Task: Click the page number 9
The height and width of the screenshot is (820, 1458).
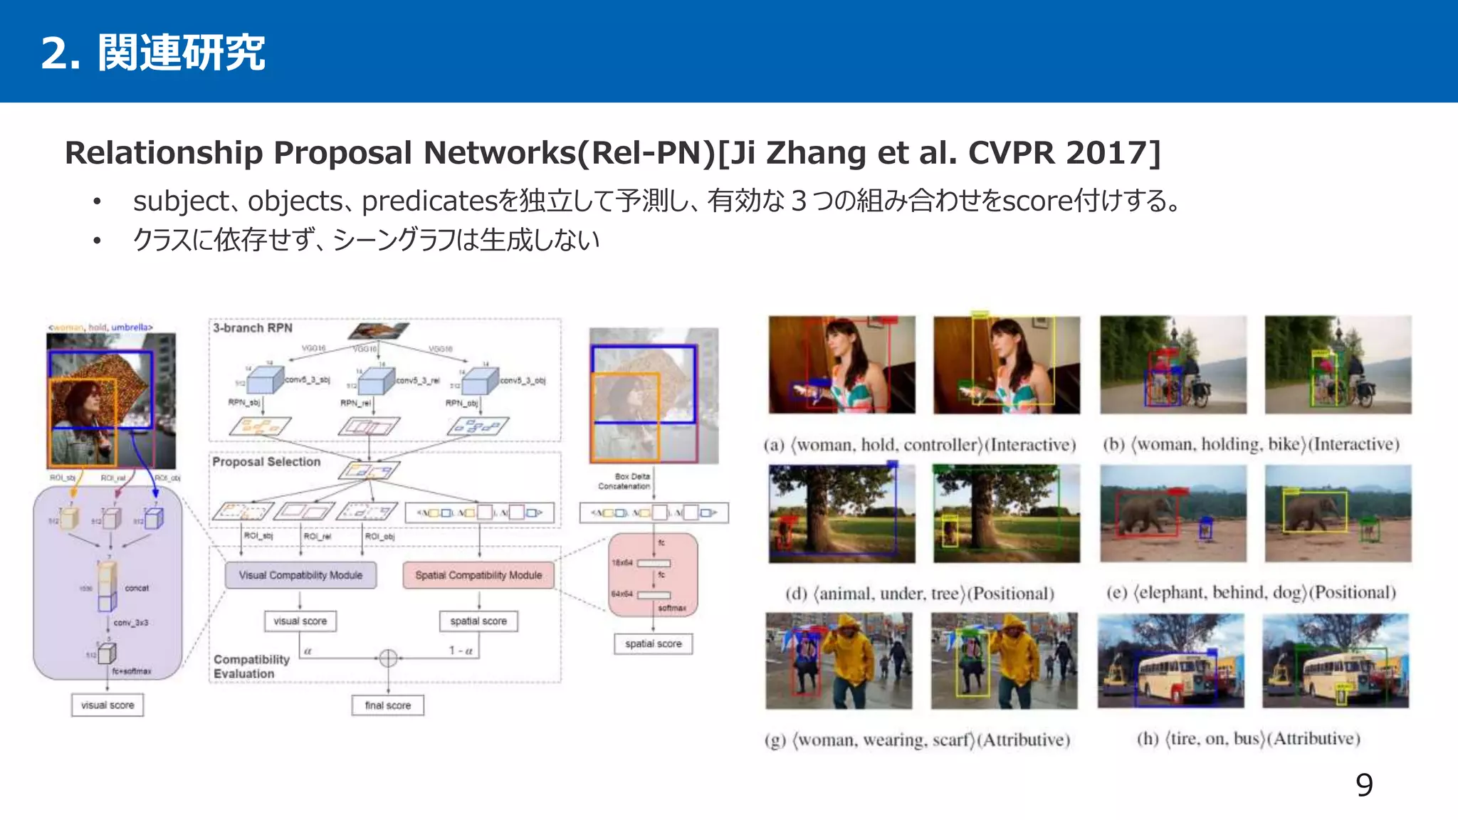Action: [x=1364, y=785]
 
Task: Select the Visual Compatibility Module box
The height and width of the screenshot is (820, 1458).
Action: [x=300, y=575]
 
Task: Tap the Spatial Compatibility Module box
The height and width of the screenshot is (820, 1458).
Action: [x=478, y=575]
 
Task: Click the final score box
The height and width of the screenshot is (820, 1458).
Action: [x=388, y=705]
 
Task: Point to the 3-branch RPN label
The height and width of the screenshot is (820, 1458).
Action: [x=253, y=328]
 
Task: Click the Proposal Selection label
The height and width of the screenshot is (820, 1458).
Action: [x=266, y=462]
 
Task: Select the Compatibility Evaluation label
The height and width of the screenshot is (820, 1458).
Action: [x=251, y=666]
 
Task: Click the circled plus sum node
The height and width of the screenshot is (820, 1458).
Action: [x=388, y=658]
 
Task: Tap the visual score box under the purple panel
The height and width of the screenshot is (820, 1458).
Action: [x=107, y=705]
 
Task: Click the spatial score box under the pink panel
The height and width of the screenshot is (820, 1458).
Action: [x=653, y=643]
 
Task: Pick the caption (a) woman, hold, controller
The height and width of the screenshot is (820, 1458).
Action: [x=919, y=445]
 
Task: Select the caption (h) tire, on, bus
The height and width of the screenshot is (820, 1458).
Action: [x=1248, y=739]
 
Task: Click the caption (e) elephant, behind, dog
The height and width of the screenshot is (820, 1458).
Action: [x=1251, y=593]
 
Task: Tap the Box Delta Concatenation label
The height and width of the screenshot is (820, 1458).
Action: [x=624, y=481]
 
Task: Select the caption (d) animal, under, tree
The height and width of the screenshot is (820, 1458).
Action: [x=919, y=594]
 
